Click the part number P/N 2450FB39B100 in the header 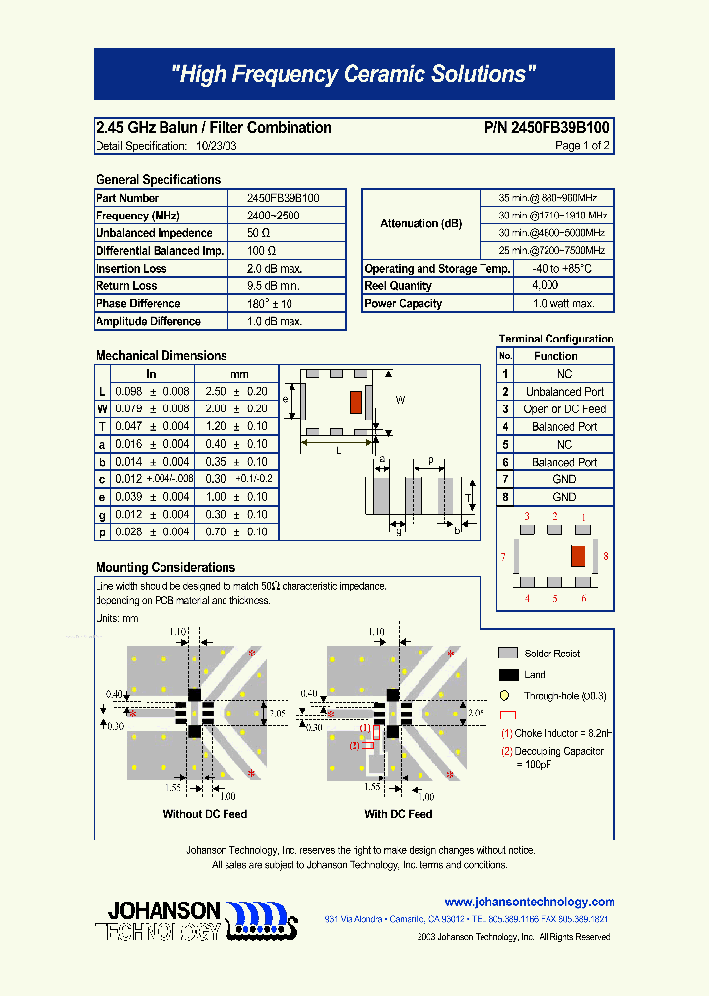(547, 128)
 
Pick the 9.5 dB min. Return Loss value (275, 286)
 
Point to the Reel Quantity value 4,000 (545, 286)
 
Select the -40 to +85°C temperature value (562, 269)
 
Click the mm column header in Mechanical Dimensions (239, 374)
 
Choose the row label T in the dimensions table (102, 426)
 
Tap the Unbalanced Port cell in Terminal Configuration (564, 392)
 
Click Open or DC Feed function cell (564, 409)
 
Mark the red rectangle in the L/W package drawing (355, 402)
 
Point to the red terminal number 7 (502, 557)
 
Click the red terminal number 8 (605, 557)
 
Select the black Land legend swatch (508, 674)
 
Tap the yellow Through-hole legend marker (505, 695)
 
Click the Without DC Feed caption (205, 814)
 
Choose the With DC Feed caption (398, 814)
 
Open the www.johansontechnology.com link (530, 902)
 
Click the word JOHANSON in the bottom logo (163, 908)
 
